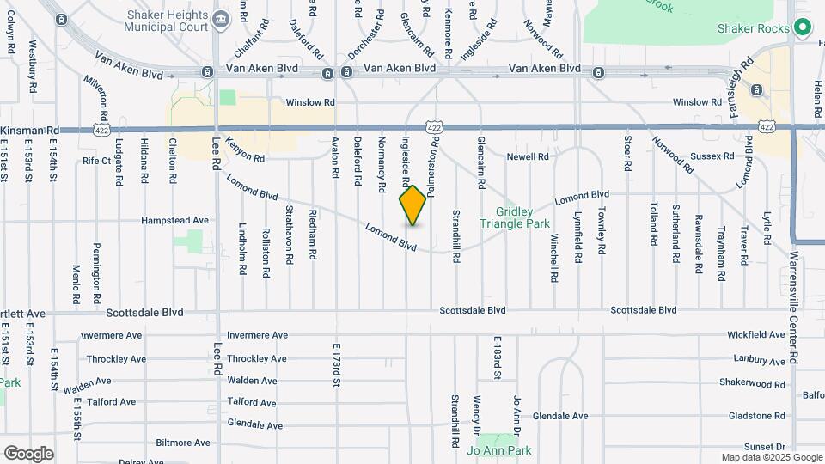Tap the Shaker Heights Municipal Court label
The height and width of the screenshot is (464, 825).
click(x=166, y=21)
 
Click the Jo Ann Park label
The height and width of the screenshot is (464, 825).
click(x=498, y=450)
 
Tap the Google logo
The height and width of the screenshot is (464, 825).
click(x=28, y=454)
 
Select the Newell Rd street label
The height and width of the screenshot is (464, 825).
click(x=527, y=156)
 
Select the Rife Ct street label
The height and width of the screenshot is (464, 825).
click(x=96, y=161)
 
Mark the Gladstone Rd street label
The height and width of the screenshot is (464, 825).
click(x=755, y=416)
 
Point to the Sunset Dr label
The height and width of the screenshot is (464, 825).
click(x=765, y=447)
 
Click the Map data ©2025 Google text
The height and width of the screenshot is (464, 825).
click(x=771, y=457)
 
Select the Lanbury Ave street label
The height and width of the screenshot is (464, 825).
click(x=759, y=359)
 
